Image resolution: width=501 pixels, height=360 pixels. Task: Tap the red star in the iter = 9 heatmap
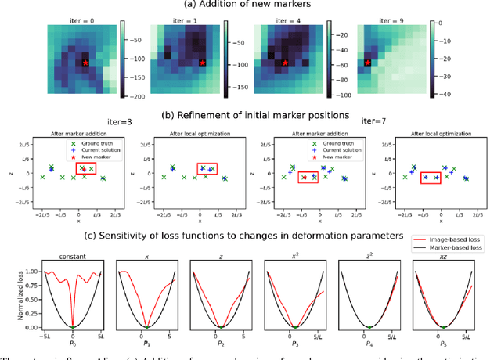point(366,63)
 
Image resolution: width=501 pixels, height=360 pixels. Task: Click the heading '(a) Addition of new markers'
point(251,5)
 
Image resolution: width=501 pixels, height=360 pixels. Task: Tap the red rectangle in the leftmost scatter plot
point(85,168)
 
